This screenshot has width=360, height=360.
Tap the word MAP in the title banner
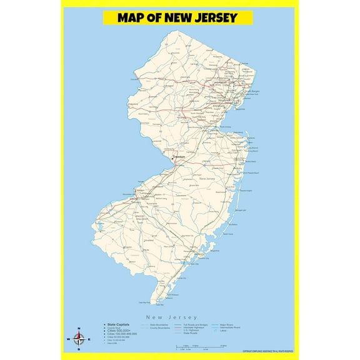[132, 17]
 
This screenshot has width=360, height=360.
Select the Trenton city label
[179, 156]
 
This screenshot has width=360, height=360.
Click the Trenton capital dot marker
[172, 159]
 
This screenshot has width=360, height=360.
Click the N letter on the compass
[79, 329]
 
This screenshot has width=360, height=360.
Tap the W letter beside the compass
[67, 340]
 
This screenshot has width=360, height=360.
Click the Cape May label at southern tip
[151, 302]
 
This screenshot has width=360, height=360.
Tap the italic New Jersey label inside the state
[207, 180]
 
